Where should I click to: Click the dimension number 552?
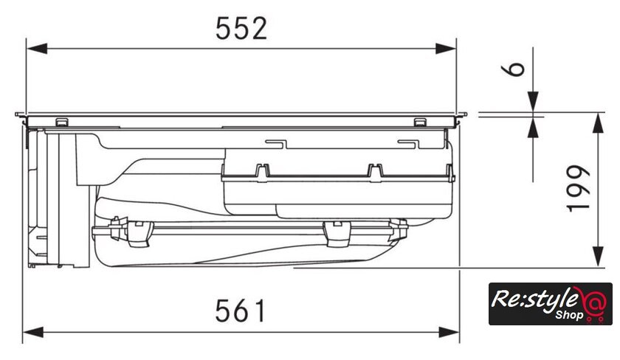[241, 29]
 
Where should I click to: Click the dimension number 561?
[241, 311]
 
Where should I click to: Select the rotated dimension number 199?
[578, 188]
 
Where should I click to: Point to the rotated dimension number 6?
[513, 69]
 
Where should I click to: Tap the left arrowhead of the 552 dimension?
[37, 49]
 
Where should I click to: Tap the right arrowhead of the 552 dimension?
[446, 49]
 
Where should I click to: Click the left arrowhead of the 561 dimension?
[33, 332]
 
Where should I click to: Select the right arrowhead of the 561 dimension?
[449, 332]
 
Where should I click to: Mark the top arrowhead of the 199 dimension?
[598, 123]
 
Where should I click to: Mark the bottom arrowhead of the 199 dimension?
[598, 257]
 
